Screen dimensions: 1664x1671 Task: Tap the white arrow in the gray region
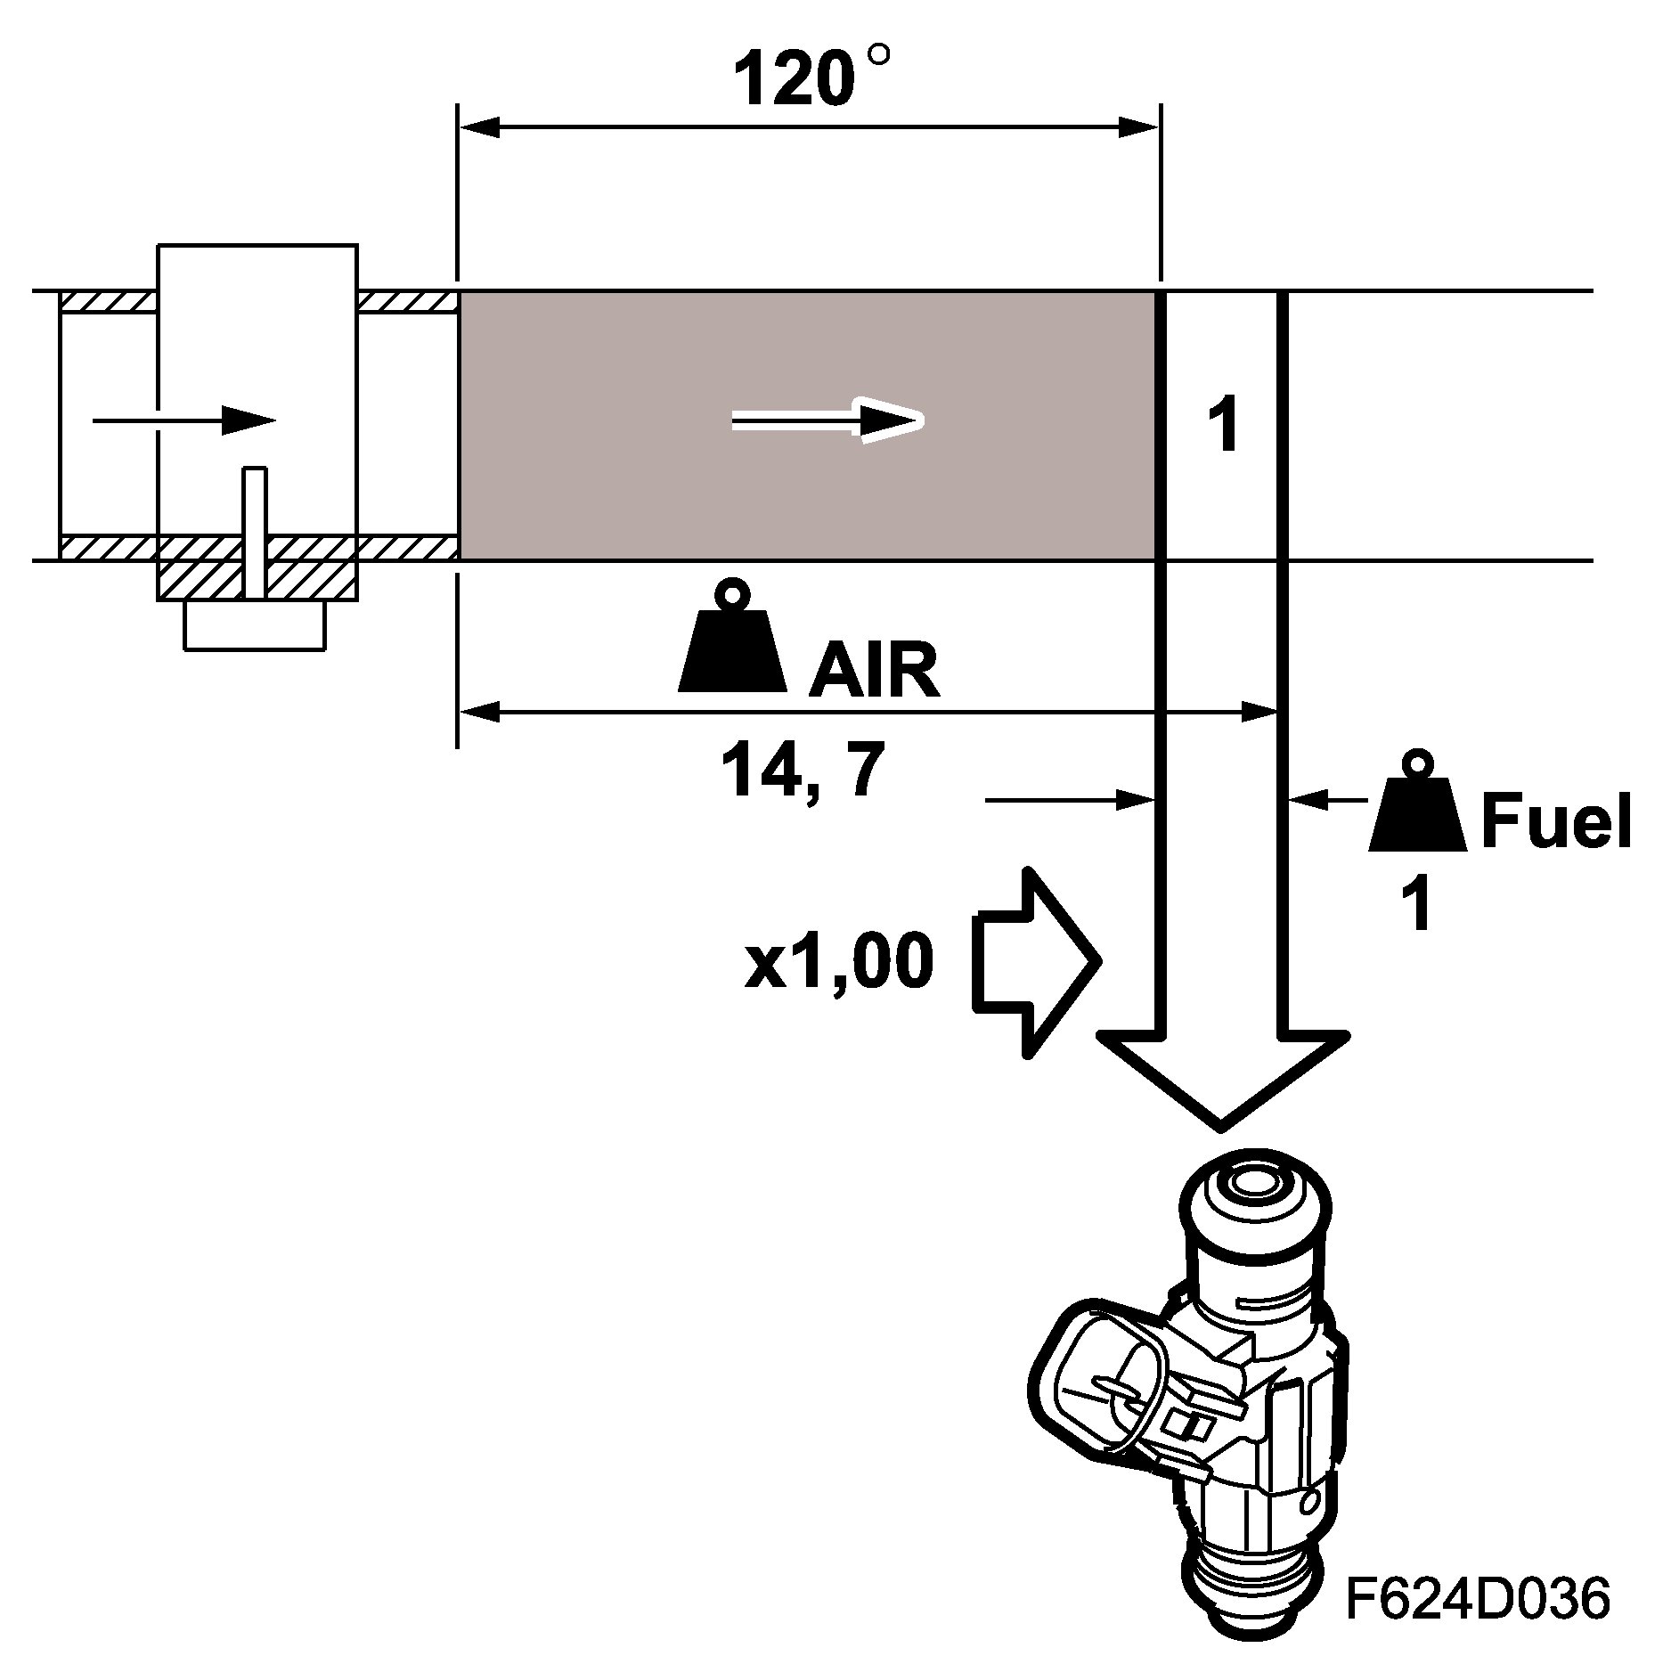pyautogui.click(x=828, y=420)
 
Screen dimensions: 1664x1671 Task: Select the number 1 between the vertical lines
pyautogui.click(x=1226, y=426)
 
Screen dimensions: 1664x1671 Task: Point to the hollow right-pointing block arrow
pyautogui.click(x=1036, y=962)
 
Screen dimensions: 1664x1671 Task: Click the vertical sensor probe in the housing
pyautogui.click(x=256, y=532)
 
